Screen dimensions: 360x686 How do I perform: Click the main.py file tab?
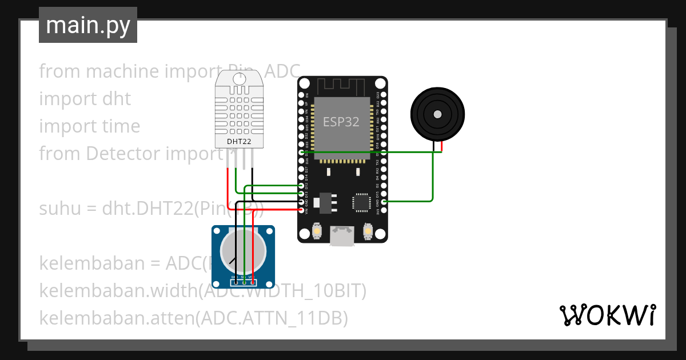87,25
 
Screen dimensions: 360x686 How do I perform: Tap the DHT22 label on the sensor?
238,141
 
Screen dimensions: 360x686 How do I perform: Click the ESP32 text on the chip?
342,122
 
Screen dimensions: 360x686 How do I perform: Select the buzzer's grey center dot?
437,114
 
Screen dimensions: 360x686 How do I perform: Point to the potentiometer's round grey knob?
244,251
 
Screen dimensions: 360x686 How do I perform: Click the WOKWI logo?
607,315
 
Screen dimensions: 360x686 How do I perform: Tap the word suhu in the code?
58,209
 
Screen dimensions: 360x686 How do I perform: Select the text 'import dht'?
85,99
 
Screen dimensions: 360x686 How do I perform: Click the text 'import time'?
89,126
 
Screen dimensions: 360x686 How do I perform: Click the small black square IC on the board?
361,202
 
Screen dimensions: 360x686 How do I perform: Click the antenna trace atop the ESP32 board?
342,87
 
